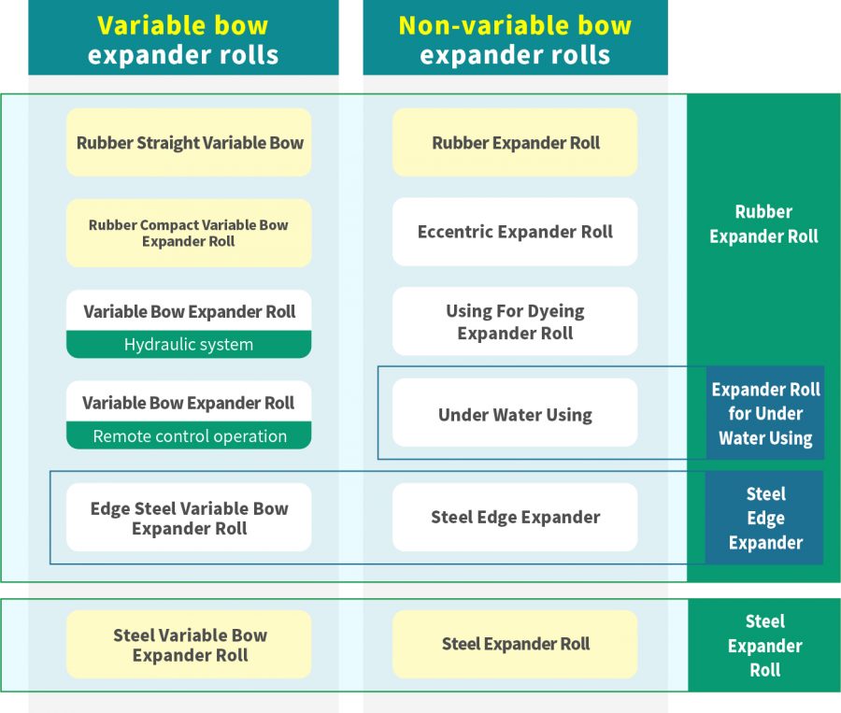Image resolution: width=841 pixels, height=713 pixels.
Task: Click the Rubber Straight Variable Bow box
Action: pos(189,143)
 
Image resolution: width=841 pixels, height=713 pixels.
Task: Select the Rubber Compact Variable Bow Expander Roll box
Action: pos(189,233)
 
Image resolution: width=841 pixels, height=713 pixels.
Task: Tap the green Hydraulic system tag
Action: pos(189,345)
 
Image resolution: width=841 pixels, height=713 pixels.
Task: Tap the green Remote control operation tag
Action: pos(189,436)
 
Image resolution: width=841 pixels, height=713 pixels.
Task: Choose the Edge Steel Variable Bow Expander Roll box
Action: pos(189,518)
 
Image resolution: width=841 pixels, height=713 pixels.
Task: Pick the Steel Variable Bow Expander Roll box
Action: pos(189,645)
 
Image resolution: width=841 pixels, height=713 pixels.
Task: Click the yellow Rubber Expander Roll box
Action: pos(515,143)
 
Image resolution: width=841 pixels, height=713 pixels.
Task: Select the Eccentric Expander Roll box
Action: pos(515,232)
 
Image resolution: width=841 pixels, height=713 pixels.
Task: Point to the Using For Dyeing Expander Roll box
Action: pos(515,321)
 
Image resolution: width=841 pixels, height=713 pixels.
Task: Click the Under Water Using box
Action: pos(515,414)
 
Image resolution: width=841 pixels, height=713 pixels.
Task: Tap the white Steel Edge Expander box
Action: pos(515,517)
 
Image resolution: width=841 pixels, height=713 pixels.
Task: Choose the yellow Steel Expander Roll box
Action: pos(515,644)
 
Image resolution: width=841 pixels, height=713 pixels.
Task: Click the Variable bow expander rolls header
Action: pos(183,39)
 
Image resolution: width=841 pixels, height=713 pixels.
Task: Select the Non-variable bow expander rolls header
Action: pos(515,39)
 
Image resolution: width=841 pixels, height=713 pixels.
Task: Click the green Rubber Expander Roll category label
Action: pos(763,224)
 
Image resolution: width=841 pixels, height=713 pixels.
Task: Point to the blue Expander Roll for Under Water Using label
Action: pos(765,413)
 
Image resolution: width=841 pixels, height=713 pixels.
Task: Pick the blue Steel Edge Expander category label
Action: pos(765,518)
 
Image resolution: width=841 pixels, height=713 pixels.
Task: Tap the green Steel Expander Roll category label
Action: pos(765,645)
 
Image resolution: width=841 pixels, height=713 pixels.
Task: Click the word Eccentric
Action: pos(455,232)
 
